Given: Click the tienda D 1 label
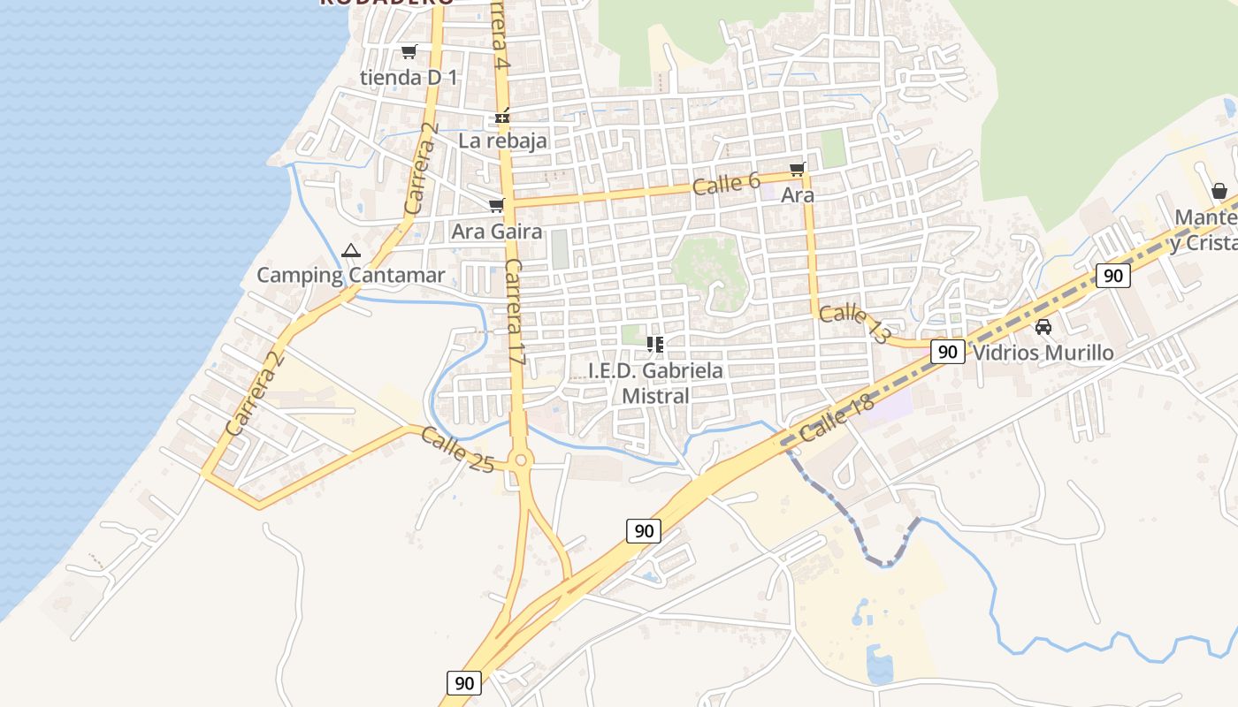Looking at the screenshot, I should [x=409, y=78].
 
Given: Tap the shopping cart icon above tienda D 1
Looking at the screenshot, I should [x=409, y=52].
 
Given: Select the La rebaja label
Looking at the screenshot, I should [x=502, y=141].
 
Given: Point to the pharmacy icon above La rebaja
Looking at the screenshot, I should [x=502, y=116].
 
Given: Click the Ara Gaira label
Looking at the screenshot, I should [x=496, y=232].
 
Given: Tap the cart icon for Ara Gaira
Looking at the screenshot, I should [x=496, y=206].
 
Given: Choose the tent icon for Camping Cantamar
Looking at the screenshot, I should [x=351, y=251].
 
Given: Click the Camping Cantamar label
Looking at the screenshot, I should [x=351, y=275].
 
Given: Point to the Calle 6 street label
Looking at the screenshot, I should [x=726, y=184].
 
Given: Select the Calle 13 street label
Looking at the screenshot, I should [x=854, y=324].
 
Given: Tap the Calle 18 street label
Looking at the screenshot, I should [x=836, y=418].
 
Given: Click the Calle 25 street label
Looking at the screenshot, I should [x=456, y=449].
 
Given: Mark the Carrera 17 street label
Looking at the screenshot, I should [x=516, y=314].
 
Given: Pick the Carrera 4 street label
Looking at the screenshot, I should [x=501, y=35].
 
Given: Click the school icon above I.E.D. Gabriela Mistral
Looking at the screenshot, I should [x=655, y=344].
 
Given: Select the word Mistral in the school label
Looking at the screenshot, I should [x=655, y=396].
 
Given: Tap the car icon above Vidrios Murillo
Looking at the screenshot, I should [x=1043, y=327].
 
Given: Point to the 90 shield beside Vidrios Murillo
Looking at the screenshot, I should [x=948, y=352].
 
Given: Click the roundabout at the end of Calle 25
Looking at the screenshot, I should [x=520, y=460].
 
